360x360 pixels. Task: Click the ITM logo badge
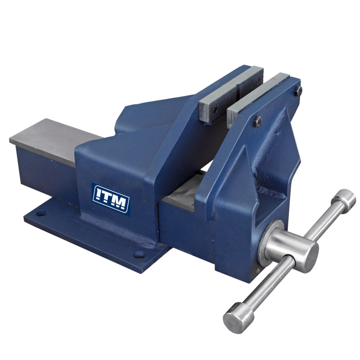click(111, 199)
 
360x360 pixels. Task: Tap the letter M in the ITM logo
click(119, 203)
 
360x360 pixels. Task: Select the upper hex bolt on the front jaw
click(298, 91)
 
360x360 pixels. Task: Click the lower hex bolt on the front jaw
click(257, 121)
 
